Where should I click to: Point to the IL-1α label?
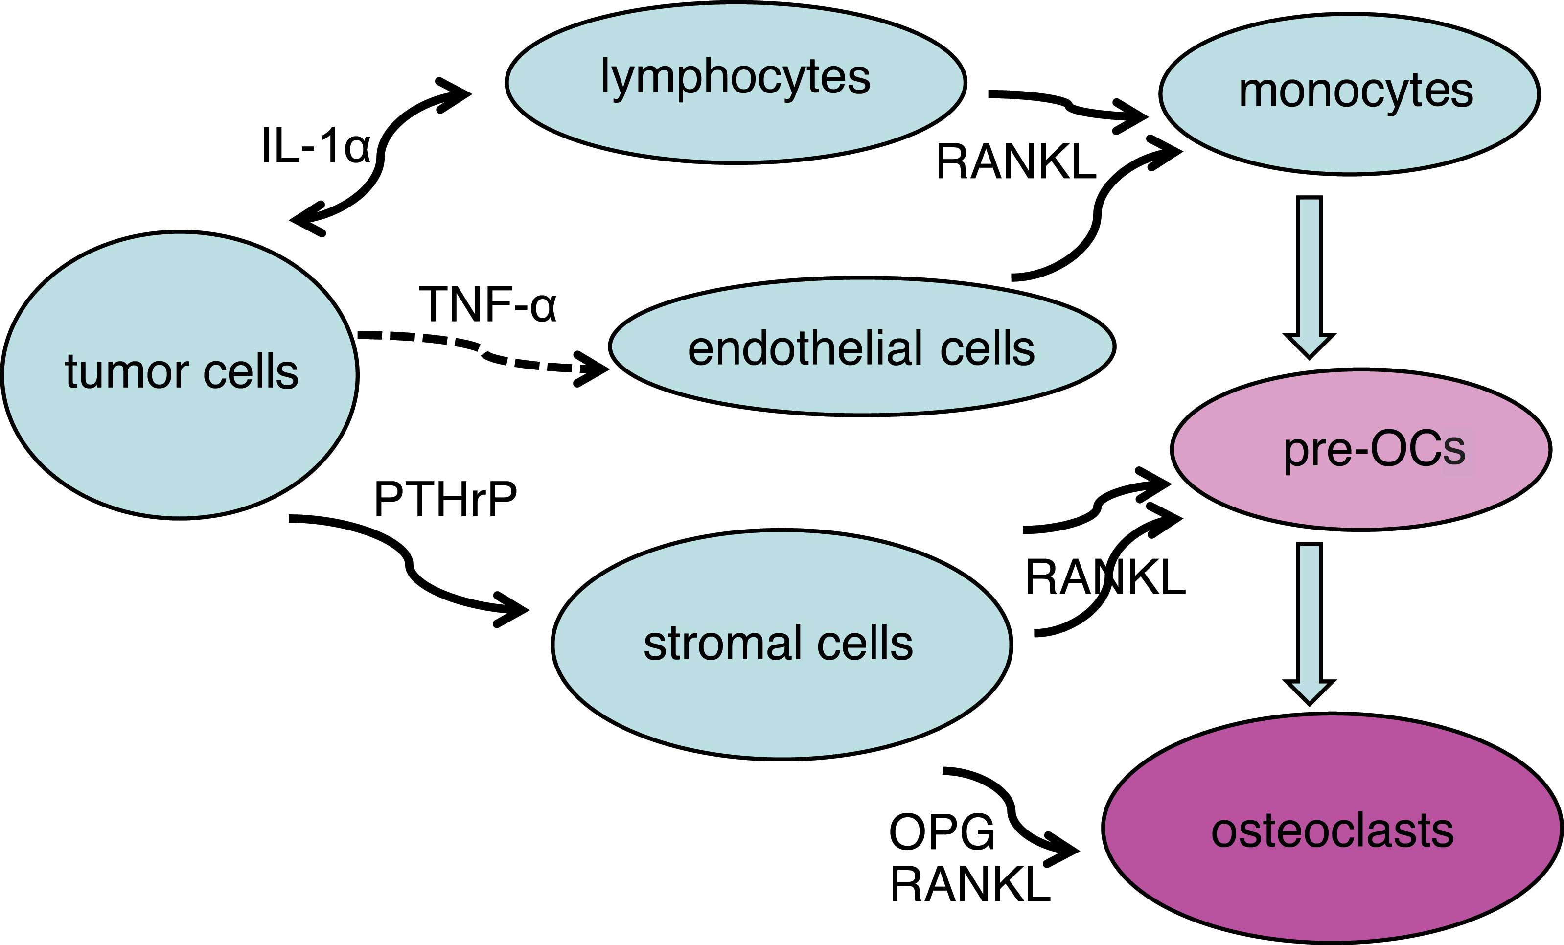point(316,146)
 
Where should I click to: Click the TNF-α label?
point(487,304)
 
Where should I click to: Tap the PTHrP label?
point(446,500)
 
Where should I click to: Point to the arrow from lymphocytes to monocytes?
point(1069,105)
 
